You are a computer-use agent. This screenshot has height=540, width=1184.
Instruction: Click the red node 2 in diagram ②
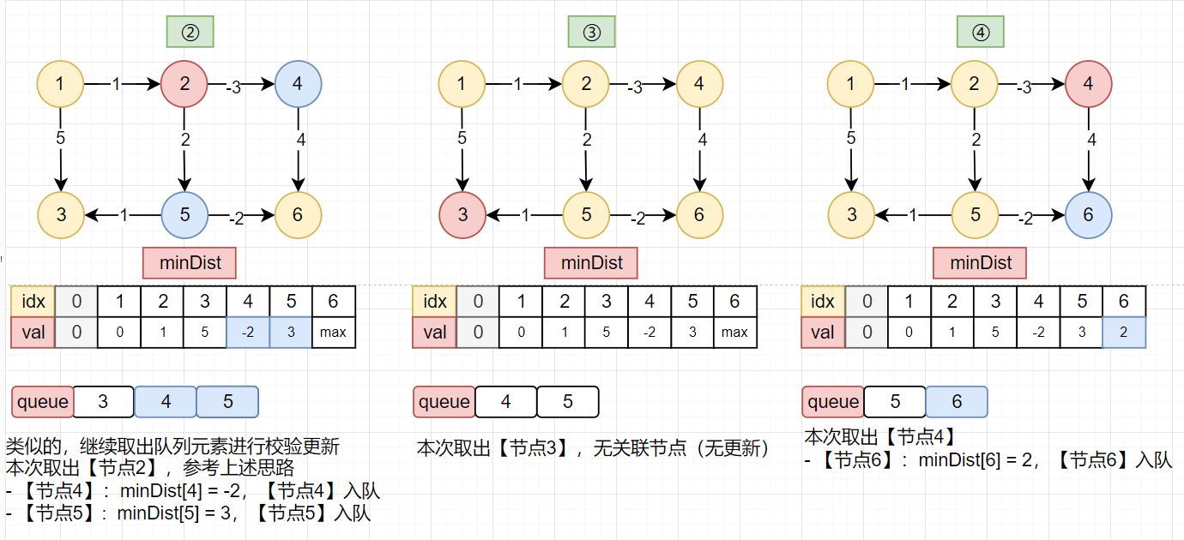(184, 84)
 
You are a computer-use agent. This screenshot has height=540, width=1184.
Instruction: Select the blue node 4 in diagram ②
(298, 84)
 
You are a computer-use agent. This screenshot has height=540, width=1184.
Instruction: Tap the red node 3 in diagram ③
(462, 214)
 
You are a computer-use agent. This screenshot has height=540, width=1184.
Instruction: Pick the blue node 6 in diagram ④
(1088, 214)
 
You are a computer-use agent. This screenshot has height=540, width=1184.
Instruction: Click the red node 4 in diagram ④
(1088, 84)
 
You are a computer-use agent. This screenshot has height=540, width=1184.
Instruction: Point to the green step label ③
(591, 32)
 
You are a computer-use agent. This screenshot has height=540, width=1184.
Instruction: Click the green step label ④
(980, 32)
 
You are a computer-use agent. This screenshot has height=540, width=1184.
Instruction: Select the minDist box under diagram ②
(190, 262)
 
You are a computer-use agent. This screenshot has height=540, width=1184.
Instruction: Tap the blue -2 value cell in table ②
(248, 333)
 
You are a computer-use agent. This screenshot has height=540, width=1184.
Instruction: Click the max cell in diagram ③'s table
(734, 333)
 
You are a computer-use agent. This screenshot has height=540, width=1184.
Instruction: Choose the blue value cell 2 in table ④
(1124, 333)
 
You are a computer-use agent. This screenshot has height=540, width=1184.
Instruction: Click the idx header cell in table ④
(823, 301)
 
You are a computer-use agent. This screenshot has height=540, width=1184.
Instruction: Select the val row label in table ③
(435, 333)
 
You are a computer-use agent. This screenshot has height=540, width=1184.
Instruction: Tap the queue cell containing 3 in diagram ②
(103, 401)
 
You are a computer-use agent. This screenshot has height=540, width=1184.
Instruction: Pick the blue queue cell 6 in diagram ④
(956, 401)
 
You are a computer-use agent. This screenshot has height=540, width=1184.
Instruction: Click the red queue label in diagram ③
(444, 401)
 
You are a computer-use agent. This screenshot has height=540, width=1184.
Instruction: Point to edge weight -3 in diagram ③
(634, 87)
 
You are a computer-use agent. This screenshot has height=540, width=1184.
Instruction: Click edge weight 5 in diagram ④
(850, 137)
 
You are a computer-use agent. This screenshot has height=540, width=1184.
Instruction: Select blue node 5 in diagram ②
(184, 214)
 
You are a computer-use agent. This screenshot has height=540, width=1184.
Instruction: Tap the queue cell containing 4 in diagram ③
(505, 401)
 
